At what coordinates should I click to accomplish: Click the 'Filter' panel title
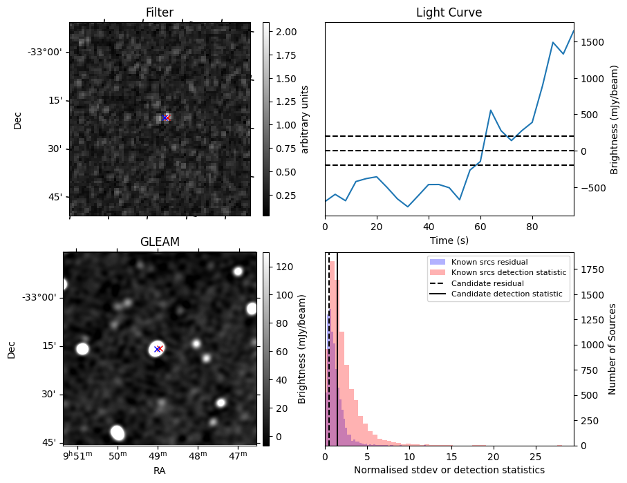[159, 12]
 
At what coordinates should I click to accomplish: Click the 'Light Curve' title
[449, 12]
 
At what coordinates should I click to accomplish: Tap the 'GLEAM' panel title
[159, 242]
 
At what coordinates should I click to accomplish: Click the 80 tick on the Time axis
[532, 225]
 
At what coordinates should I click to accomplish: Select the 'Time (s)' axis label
[449, 239]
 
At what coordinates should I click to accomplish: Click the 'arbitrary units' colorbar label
[305, 119]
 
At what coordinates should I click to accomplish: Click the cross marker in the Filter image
[165, 117]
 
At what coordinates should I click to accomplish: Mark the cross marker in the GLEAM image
[158, 349]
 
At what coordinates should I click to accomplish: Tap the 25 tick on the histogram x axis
[535, 457]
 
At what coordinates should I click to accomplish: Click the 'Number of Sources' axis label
[612, 349]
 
